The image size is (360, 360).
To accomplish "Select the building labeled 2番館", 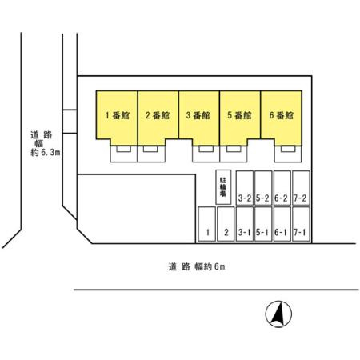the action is (x=158, y=116).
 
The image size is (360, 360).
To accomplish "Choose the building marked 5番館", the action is (x=240, y=116).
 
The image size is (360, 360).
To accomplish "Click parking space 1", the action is (x=207, y=224).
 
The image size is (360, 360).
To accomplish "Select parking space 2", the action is (x=226, y=224).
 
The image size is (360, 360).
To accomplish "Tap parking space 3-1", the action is (x=245, y=224).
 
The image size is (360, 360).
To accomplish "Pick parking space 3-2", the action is (x=245, y=188).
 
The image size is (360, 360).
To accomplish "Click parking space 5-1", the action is (x=263, y=224).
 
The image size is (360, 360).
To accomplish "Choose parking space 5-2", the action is (x=263, y=188).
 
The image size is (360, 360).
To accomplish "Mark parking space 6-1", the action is (x=282, y=224).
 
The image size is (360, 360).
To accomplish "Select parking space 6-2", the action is (x=282, y=188).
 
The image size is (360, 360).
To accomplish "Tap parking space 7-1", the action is (x=301, y=224).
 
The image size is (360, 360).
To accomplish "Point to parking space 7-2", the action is (x=301, y=188).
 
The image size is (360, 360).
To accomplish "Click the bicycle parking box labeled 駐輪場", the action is (x=223, y=187).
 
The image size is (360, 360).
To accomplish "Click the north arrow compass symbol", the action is (x=278, y=314).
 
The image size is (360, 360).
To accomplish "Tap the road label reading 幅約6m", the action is (x=210, y=266).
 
